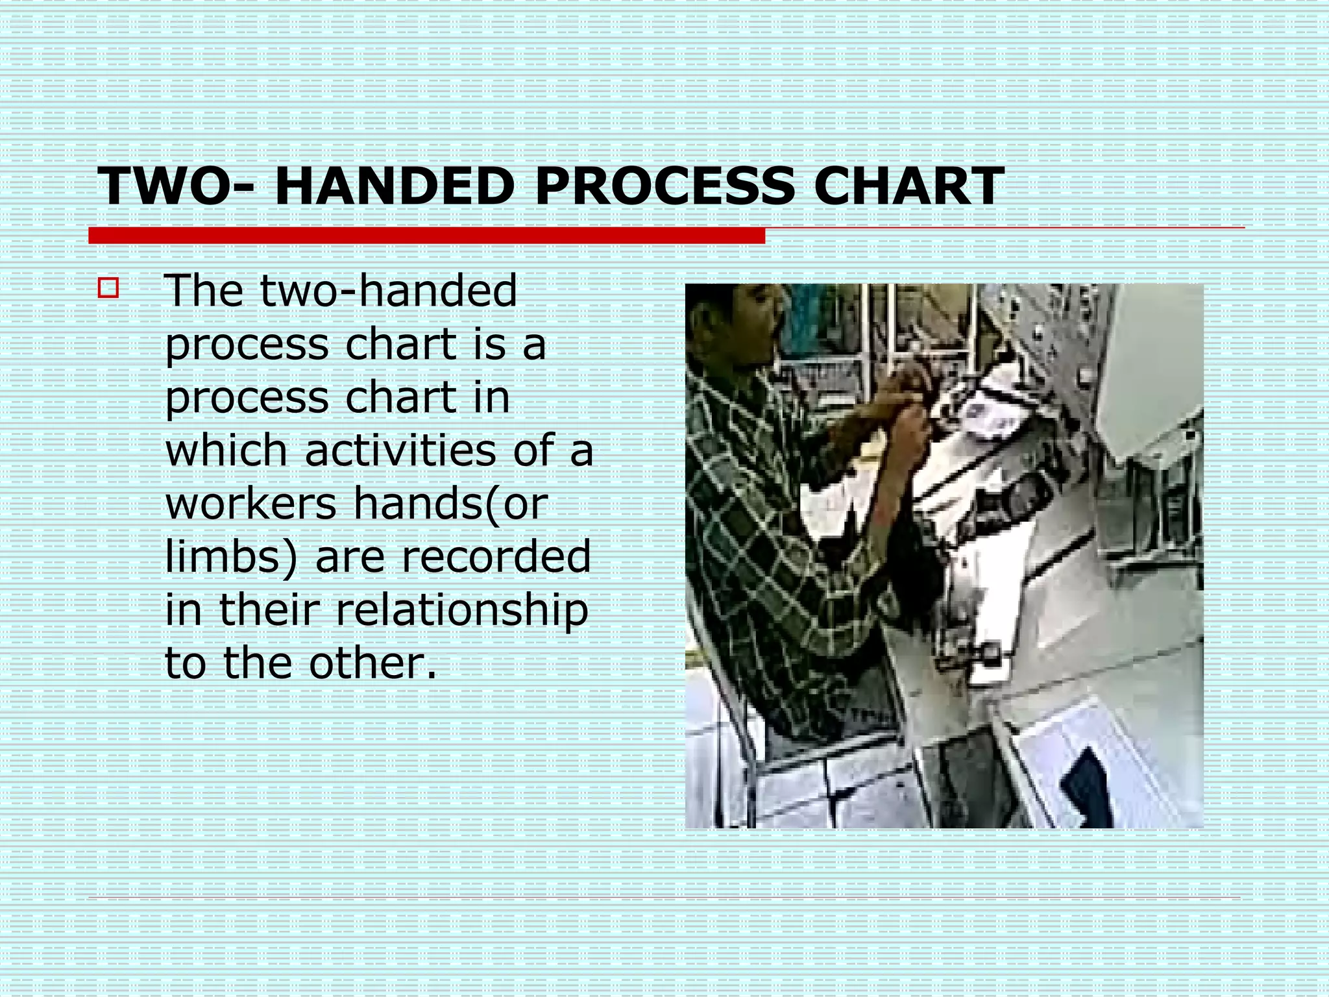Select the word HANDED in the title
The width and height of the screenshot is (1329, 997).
click(x=395, y=186)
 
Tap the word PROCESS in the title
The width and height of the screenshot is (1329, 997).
click(x=664, y=186)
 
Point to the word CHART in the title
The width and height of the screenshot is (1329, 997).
click(x=908, y=186)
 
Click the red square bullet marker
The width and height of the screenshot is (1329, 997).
click(x=108, y=288)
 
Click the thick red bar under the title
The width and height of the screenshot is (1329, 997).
click(x=426, y=236)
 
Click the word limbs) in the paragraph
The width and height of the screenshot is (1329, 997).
click(x=230, y=557)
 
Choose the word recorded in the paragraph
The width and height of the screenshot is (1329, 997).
click(x=453, y=556)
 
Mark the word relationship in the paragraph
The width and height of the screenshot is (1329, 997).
click(x=461, y=610)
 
